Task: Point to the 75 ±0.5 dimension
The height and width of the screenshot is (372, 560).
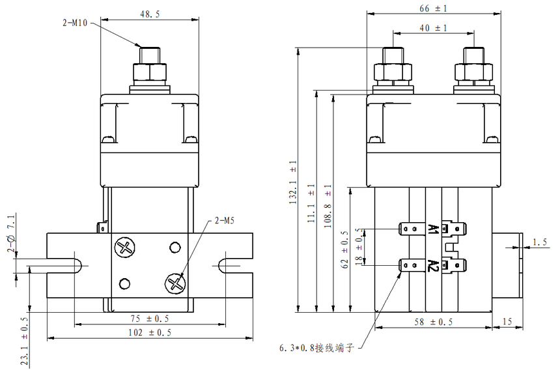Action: (150, 319)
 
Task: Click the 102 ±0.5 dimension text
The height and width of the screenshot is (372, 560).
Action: (150, 332)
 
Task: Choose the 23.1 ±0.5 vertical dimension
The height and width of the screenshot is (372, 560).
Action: (25, 342)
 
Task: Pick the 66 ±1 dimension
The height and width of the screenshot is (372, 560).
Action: (434, 8)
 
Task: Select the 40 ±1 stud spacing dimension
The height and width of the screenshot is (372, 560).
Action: (434, 28)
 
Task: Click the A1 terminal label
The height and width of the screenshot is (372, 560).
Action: (432, 229)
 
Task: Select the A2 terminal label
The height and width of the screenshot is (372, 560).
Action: (432, 265)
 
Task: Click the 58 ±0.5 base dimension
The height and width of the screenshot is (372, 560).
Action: (433, 322)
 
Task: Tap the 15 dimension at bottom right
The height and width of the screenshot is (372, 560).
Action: (507, 322)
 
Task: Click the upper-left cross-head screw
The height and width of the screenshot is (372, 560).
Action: (122, 247)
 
